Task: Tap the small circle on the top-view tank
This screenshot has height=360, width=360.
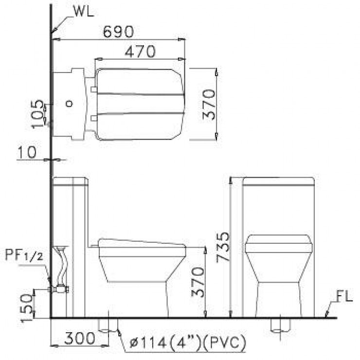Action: pos(70,103)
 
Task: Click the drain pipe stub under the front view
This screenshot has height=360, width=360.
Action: pos(280,325)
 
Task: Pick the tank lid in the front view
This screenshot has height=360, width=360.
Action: pos(278,182)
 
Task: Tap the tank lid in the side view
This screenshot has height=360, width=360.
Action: pos(71,182)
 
